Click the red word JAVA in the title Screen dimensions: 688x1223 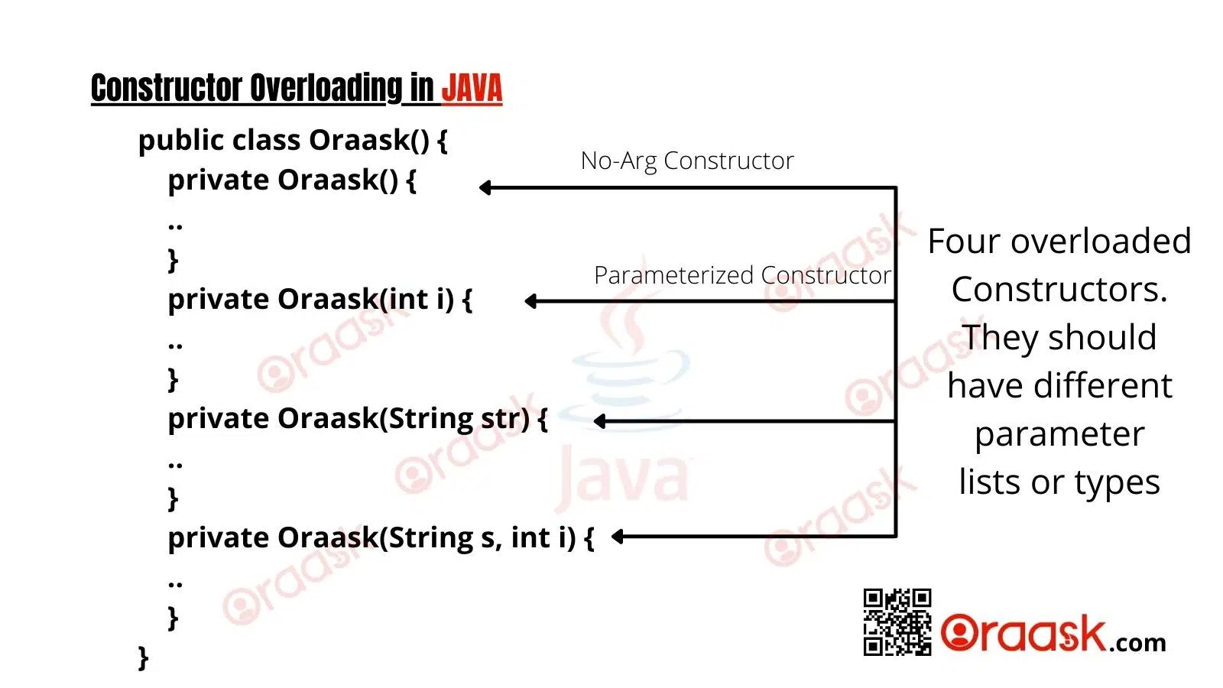472,89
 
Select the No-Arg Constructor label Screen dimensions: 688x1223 686,161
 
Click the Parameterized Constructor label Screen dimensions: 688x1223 741,275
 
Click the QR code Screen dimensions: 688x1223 897,621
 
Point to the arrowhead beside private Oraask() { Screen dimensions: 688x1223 485,187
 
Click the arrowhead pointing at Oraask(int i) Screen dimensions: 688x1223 531,301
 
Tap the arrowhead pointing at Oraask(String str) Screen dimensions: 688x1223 600,420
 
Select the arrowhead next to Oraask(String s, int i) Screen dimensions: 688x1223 618,537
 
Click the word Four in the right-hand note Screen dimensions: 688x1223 965,242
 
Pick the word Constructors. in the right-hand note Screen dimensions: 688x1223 1059,290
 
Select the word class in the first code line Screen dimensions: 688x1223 266,141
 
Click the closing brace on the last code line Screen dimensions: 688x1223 143,657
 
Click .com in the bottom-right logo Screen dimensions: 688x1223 1137,643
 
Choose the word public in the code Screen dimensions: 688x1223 180,141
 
